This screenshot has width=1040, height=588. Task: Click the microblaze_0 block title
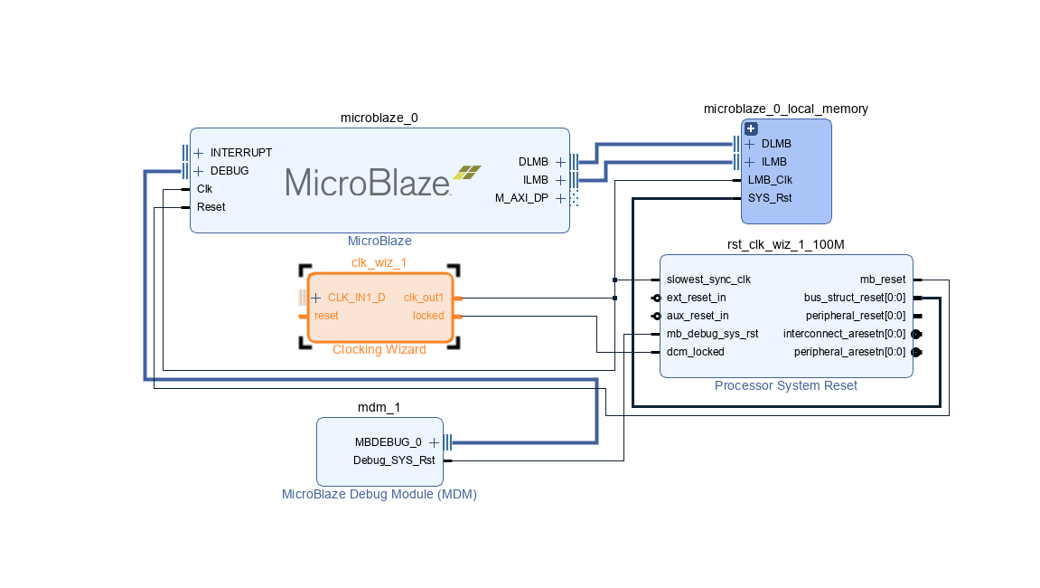tap(379, 118)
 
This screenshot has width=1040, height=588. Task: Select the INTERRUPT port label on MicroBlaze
tap(240, 153)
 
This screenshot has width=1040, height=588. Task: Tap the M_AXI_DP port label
tap(521, 198)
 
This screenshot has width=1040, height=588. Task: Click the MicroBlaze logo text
tap(369, 182)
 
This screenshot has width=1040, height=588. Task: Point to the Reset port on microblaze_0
tap(211, 207)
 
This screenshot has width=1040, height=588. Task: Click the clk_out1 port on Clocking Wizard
tap(424, 298)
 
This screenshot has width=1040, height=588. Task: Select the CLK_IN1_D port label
tap(356, 298)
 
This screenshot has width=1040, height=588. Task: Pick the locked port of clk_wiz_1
tap(428, 316)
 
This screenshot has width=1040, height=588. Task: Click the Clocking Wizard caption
tap(379, 350)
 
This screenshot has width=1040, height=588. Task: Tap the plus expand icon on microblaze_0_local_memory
tap(750, 128)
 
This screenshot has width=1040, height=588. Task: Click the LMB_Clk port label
tap(770, 180)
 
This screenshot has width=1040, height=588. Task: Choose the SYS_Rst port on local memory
tap(770, 198)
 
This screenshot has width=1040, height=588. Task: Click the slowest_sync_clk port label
tap(708, 280)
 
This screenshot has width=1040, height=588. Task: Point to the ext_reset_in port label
tap(696, 298)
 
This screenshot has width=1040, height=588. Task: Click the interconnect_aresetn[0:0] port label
tap(844, 334)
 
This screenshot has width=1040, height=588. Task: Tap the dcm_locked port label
tap(695, 352)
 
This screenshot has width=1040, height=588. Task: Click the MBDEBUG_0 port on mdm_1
tap(389, 442)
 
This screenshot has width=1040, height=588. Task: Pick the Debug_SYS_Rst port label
tap(393, 460)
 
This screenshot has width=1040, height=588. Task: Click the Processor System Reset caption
tap(785, 386)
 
